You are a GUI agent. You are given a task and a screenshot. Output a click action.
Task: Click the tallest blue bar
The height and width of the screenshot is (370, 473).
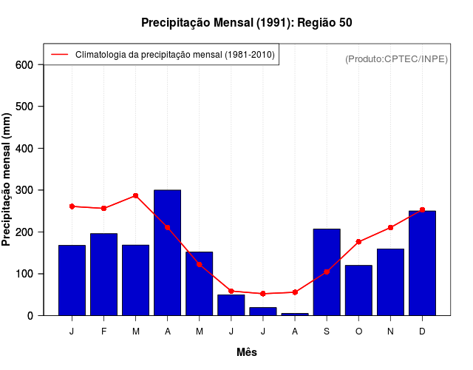167,252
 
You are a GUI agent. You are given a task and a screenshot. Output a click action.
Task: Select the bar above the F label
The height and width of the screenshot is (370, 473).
103,274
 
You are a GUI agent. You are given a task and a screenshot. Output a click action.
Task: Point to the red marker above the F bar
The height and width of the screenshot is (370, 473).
103,209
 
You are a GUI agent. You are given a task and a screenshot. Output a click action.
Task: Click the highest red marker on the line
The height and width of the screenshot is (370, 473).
135,195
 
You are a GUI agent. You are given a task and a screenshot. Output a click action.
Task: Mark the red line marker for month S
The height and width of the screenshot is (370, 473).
327,272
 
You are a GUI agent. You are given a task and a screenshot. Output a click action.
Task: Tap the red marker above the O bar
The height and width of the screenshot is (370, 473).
358,242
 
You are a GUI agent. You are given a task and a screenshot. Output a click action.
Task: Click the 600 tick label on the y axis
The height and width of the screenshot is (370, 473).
25,65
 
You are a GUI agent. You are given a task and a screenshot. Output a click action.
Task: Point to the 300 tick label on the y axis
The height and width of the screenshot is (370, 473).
25,190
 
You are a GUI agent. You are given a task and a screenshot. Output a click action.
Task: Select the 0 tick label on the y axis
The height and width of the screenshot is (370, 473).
30,316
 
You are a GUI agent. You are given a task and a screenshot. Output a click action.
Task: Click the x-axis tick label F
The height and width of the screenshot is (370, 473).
103,332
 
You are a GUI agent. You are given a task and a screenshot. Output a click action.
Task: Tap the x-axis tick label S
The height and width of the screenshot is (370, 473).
327,332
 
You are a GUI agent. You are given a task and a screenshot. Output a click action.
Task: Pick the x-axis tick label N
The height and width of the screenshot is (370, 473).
390,332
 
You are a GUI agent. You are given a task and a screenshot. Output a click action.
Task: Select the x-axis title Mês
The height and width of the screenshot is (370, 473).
247,353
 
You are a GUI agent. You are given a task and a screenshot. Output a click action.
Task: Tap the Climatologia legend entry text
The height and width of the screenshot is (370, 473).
174,55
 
